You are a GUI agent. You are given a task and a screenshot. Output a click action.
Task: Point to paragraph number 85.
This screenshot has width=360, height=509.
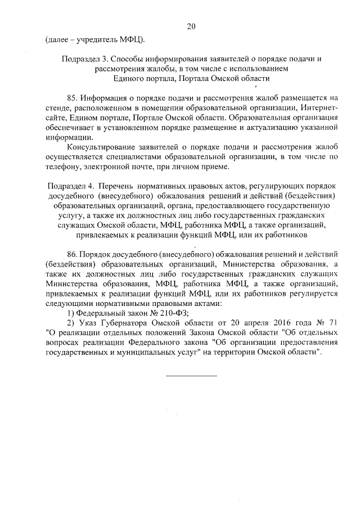click(74, 97)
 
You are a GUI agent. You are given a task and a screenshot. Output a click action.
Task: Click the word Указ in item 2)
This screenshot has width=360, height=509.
click(91, 323)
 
